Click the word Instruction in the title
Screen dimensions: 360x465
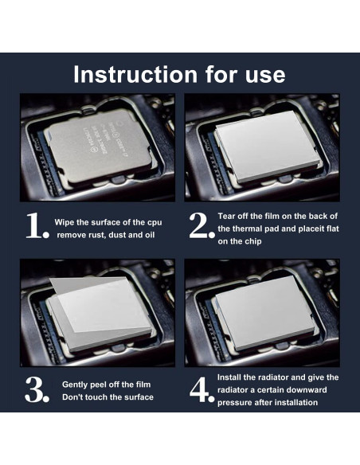[x=135, y=74]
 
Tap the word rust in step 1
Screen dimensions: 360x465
[x=97, y=235]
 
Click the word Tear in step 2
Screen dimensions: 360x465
[x=227, y=217]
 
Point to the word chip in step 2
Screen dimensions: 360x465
[x=253, y=241]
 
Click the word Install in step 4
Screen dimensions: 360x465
[x=229, y=377]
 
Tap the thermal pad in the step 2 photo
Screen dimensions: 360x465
[x=267, y=146]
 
